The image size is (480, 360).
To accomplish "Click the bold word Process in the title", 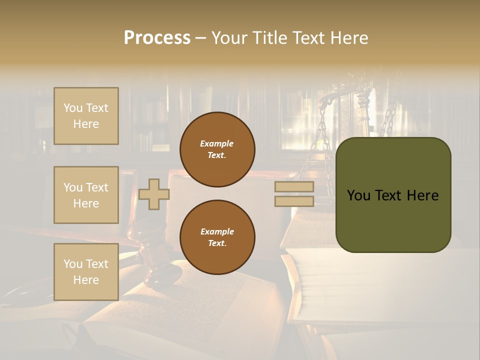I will point(157,38).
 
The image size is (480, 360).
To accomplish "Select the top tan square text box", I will point(86,116).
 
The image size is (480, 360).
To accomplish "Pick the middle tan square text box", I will point(86,195).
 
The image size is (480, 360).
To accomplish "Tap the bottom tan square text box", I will point(86,271).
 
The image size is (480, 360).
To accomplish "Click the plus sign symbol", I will point(153,194).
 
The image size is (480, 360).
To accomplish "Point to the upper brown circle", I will point(217,149).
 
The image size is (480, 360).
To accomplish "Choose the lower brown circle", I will point(217,237).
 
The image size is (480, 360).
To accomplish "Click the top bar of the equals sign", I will point(294,187).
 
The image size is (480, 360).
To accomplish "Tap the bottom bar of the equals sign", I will point(294,201).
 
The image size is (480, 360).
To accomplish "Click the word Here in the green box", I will point(422,195).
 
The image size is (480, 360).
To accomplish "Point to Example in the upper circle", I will point(217,143).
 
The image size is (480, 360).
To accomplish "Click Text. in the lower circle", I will point(217,243).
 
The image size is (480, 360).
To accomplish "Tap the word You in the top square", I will point(73,108).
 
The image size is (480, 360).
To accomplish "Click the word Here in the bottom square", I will point(86,280).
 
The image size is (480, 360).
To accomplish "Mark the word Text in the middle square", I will point(97,187).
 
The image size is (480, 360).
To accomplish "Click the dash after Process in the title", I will point(200,38).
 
